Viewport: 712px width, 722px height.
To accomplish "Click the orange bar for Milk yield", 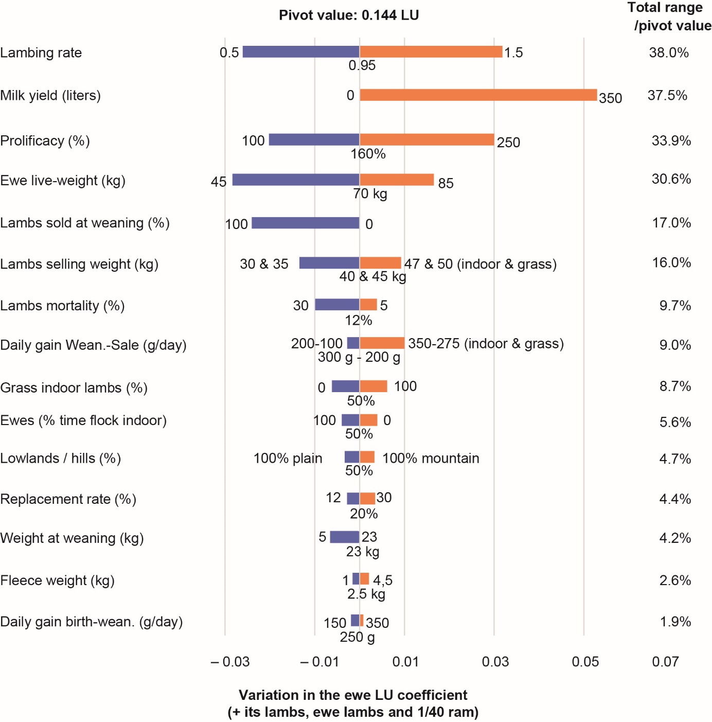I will (x=478, y=95).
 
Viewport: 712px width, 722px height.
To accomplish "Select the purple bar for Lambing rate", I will (x=301, y=52).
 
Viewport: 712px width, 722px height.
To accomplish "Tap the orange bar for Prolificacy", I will (x=427, y=139).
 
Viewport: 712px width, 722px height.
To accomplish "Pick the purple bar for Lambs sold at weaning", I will (x=306, y=223).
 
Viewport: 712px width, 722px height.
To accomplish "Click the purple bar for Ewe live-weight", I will (x=296, y=180).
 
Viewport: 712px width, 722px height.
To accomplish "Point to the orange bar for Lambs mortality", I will (x=368, y=305).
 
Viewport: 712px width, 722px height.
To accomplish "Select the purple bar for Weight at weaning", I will (x=344, y=537).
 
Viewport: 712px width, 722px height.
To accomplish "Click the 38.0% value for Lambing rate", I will (x=669, y=52).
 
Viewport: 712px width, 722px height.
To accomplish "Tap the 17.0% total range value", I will (x=671, y=223).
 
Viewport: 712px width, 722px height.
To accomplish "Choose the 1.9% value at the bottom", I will (x=675, y=622).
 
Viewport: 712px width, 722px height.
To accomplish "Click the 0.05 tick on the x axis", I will (x=585, y=662).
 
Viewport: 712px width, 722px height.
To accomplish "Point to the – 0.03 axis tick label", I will (x=230, y=662).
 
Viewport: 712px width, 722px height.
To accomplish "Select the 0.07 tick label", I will (x=665, y=662).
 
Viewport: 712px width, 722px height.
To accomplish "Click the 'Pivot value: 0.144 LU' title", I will (x=349, y=15).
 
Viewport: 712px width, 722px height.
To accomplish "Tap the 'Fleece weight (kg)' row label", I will (x=57, y=580).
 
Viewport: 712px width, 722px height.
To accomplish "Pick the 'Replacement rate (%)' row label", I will (x=68, y=499).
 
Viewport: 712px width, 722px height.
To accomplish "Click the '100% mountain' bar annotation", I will (x=431, y=459).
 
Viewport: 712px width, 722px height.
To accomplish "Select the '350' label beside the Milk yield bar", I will (x=610, y=98).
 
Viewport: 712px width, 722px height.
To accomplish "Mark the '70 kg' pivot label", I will (x=370, y=194).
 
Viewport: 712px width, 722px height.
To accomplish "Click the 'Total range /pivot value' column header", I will (x=669, y=16).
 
